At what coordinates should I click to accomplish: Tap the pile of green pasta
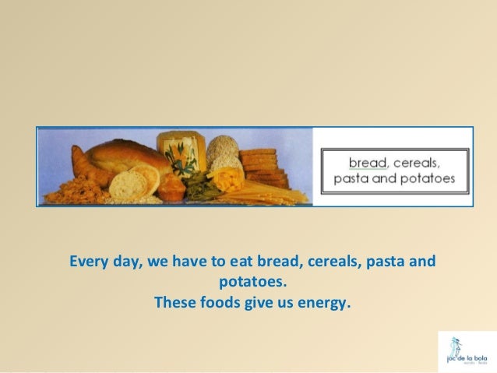point(199,185)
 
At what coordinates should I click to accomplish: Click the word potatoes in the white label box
point(428,178)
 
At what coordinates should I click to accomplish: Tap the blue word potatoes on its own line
point(248,280)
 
